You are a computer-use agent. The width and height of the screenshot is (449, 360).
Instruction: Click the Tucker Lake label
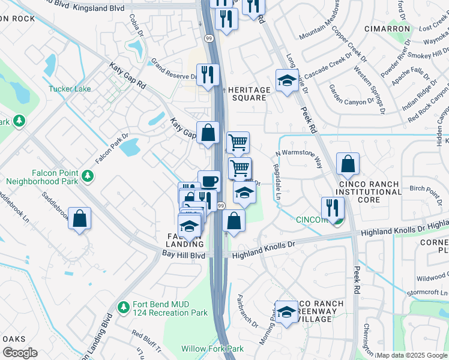(70, 89)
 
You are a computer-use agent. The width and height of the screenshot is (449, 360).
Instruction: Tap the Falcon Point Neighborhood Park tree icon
(89, 176)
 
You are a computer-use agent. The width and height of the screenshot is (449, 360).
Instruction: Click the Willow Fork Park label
(212, 349)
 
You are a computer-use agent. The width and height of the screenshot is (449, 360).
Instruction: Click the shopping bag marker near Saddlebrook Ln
(79, 219)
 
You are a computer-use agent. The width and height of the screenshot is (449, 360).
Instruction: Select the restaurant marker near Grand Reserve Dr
(208, 75)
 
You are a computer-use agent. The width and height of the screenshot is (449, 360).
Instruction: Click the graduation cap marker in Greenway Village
(287, 312)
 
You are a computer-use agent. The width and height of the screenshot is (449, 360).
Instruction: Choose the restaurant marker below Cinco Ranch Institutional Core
(332, 208)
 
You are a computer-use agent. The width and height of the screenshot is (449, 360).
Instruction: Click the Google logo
(20, 353)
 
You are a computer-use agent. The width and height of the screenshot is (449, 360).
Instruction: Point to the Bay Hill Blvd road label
(184, 255)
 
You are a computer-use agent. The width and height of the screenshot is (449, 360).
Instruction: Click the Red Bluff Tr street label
(146, 333)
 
